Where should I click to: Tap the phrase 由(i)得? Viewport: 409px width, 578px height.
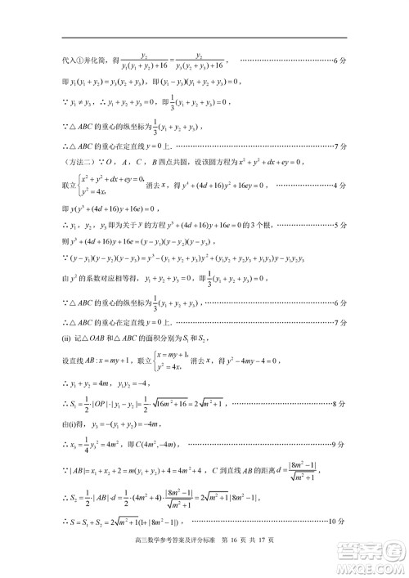click(76, 423)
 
